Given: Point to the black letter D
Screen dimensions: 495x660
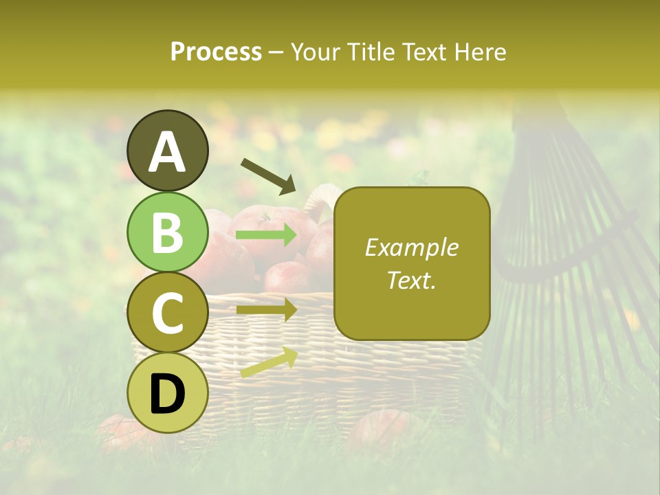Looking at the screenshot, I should [168, 394].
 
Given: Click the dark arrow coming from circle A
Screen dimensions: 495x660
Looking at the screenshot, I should [268, 176].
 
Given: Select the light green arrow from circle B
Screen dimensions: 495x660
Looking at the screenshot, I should [266, 236].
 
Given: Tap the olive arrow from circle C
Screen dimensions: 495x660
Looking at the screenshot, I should [266, 310].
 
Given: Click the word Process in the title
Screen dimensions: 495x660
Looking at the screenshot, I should [216, 52].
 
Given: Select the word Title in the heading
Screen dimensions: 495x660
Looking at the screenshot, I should [366, 52].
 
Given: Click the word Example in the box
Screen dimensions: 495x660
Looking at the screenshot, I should [411, 247].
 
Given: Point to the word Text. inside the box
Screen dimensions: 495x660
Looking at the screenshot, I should [411, 280].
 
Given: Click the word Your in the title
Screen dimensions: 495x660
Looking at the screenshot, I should [316, 52].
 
